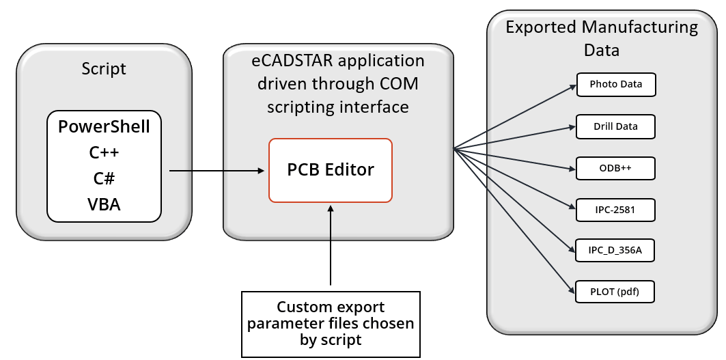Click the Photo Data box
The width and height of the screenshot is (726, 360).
(x=615, y=85)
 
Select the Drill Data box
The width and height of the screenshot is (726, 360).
(x=615, y=126)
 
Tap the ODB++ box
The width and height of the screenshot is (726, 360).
(x=615, y=168)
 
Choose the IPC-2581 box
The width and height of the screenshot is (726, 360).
(x=615, y=210)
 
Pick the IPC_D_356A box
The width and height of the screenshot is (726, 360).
(x=615, y=251)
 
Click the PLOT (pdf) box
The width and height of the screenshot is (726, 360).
(x=615, y=292)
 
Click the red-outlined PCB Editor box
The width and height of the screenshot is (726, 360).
(x=331, y=170)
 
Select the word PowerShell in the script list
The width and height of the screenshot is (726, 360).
(x=104, y=127)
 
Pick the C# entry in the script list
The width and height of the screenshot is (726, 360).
(x=104, y=178)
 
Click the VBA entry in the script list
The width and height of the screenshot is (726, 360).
(x=104, y=204)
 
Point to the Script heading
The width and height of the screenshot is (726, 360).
(x=104, y=69)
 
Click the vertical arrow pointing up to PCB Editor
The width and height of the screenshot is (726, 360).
(x=331, y=246)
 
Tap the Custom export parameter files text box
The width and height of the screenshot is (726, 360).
(x=331, y=324)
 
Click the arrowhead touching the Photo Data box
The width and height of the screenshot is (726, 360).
(x=573, y=86)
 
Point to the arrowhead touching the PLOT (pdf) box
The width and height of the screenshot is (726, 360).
(x=572, y=290)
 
